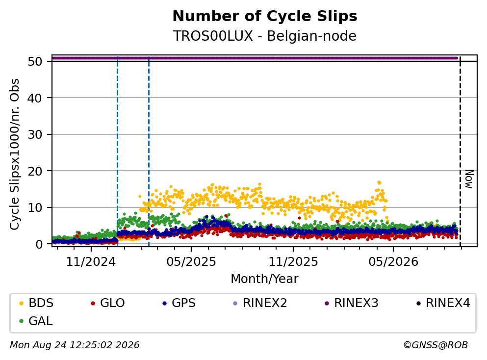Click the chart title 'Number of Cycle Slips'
click(265, 16)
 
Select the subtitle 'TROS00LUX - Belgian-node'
click(265, 36)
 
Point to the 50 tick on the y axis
click(35, 61)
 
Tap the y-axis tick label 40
click(35, 98)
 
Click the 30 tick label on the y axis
click(35, 134)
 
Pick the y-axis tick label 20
click(35, 171)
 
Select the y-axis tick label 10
click(35, 207)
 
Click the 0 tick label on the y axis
click(39, 244)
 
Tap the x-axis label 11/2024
click(91, 262)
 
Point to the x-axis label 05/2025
click(191, 262)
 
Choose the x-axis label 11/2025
click(293, 262)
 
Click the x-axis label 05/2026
click(393, 262)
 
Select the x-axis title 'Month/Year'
click(264, 279)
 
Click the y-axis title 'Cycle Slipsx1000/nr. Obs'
click(14, 154)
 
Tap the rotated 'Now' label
click(469, 179)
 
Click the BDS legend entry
click(36, 303)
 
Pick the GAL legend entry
click(36, 321)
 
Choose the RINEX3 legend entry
click(352, 303)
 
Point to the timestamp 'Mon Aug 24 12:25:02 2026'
click(75, 345)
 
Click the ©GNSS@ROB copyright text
click(436, 345)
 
